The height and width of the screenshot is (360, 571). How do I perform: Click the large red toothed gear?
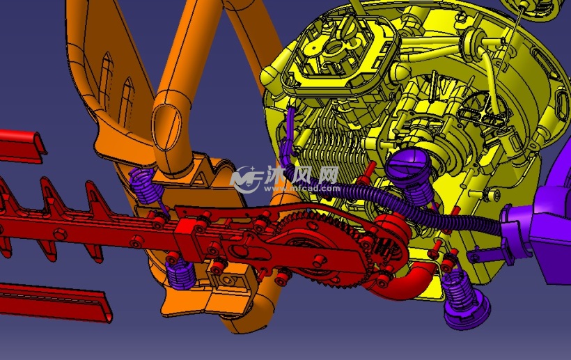[x=320, y=251]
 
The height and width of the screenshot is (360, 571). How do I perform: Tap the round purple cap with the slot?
[x=408, y=166]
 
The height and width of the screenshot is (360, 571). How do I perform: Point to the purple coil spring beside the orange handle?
[x=146, y=187]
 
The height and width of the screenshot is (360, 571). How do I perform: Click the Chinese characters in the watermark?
[x=302, y=175]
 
